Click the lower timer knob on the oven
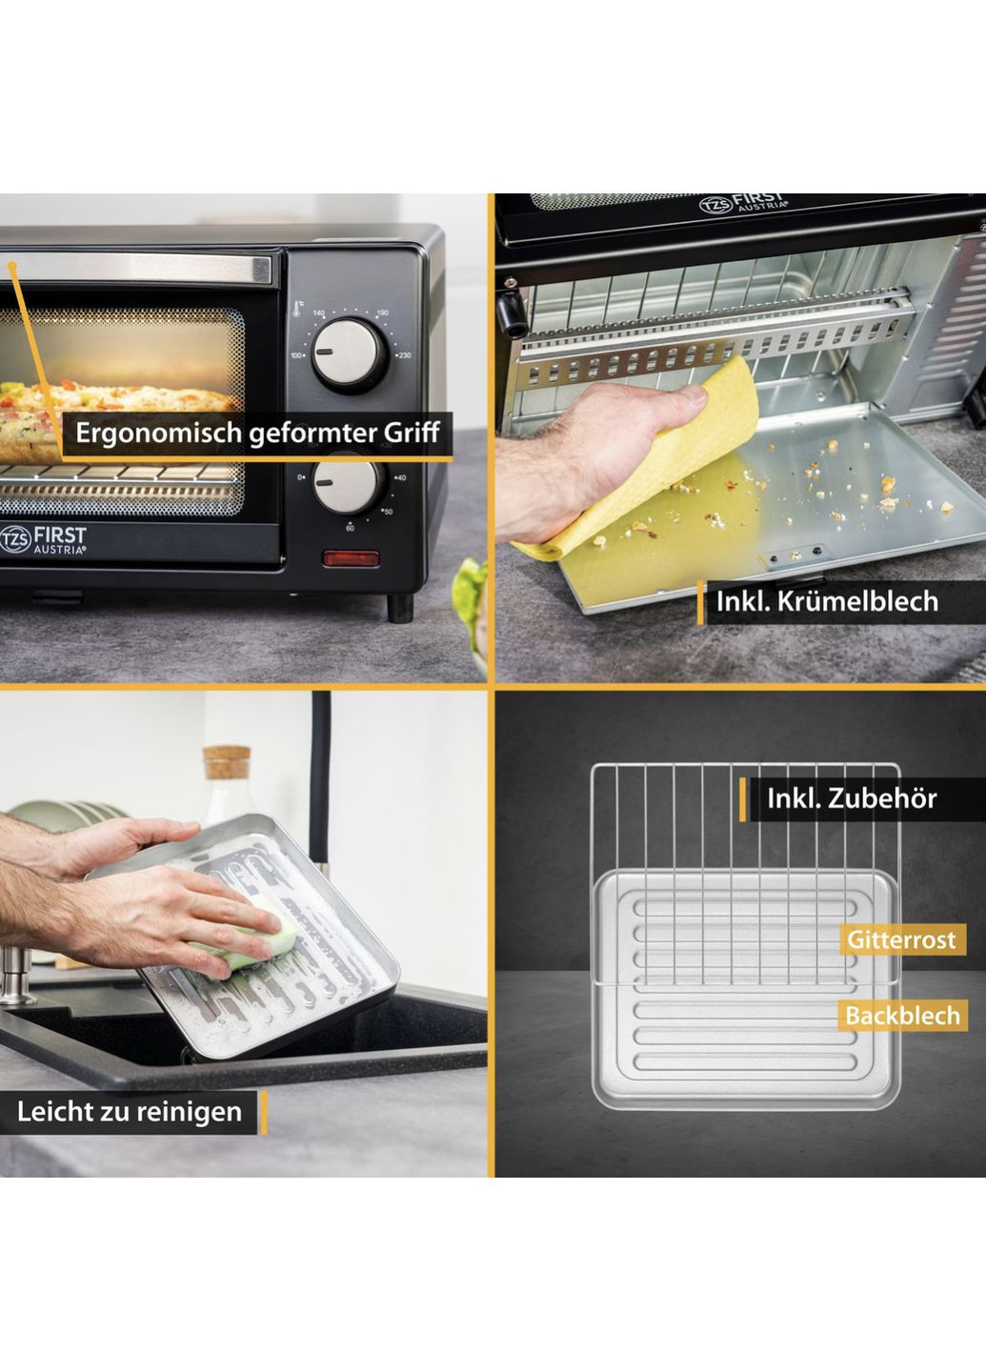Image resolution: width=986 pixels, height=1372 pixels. pyautogui.click(x=348, y=484)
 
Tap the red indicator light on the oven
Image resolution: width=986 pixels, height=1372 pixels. pyautogui.click(x=351, y=558)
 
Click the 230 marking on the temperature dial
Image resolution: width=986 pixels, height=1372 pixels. pyautogui.click(x=404, y=355)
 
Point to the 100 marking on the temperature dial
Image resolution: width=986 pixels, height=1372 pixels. pyautogui.click(x=296, y=355)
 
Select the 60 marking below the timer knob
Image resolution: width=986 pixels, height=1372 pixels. pyautogui.click(x=350, y=528)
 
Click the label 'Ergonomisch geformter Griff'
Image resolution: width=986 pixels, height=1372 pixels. pyautogui.click(x=257, y=433)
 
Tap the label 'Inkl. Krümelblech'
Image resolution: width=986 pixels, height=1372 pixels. pyautogui.click(x=827, y=601)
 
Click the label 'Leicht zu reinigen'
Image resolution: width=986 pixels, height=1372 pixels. pyautogui.click(x=130, y=1112)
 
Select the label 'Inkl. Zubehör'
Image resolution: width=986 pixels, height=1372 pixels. pyautogui.click(x=852, y=798)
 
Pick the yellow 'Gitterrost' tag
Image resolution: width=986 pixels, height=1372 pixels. pyautogui.click(x=901, y=939)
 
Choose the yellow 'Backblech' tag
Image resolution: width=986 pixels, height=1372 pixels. pyautogui.click(x=903, y=1016)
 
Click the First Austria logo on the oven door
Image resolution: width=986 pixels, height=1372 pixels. pyautogui.click(x=43, y=539)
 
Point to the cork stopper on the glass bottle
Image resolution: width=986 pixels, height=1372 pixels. pyautogui.click(x=227, y=762)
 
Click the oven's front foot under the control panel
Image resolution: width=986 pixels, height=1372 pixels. pyautogui.click(x=400, y=608)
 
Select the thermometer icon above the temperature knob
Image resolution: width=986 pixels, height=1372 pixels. pyautogui.click(x=296, y=309)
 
